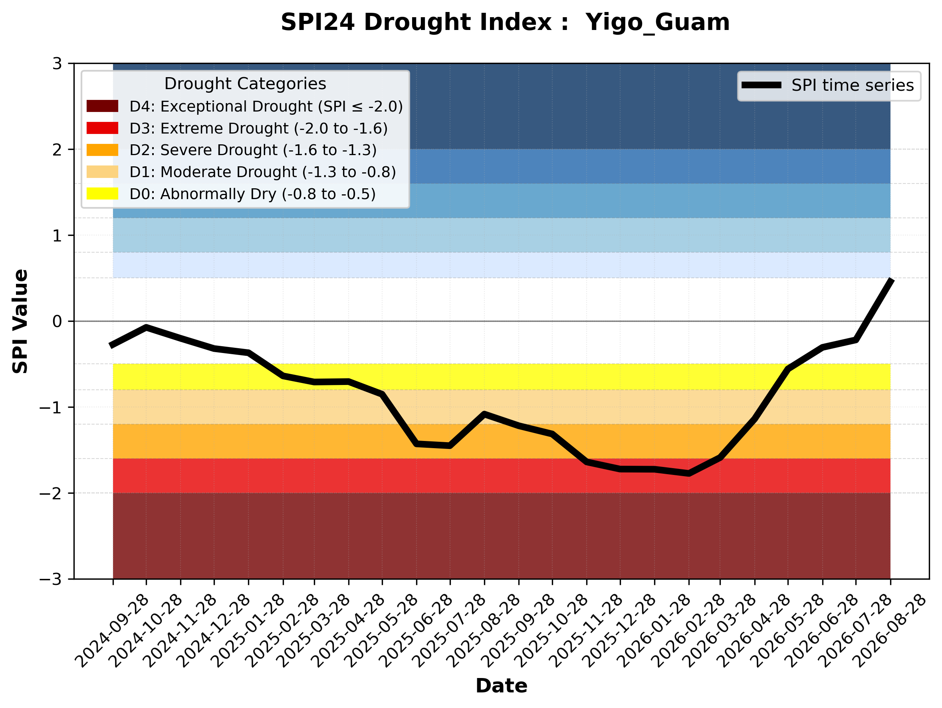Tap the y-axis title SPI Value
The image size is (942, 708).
click(20, 321)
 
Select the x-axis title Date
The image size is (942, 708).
click(501, 686)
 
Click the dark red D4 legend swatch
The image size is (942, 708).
click(102, 106)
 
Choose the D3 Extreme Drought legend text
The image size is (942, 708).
click(258, 128)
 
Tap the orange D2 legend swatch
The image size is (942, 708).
click(102, 150)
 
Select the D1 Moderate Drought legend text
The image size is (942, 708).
click(263, 172)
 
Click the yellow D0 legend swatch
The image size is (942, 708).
click(102, 193)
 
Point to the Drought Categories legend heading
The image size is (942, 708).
click(245, 84)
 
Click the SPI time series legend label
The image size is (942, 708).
click(853, 85)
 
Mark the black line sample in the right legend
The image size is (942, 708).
click(762, 85)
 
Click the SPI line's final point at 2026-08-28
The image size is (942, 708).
click(890, 279)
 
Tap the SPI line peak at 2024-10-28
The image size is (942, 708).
click(146, 327)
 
